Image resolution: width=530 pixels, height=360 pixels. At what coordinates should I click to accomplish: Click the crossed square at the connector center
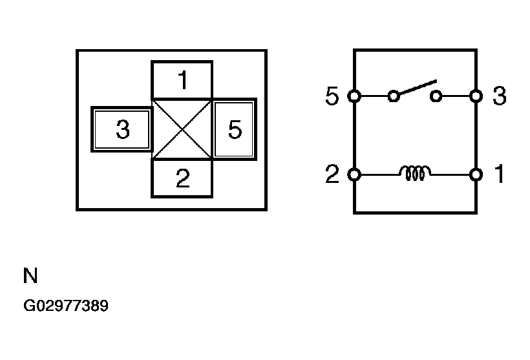click(182, 129)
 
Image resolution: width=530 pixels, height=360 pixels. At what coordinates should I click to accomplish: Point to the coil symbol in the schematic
click(415, 173)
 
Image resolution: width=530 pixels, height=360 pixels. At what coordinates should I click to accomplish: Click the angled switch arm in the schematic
click(418, 87)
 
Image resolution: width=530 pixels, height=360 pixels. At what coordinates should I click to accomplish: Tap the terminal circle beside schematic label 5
click(354, 96)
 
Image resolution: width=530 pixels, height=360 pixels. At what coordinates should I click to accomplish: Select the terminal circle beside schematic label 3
click(476, 96)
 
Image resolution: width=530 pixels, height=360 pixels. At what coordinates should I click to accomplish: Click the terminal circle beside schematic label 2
click(354, 175)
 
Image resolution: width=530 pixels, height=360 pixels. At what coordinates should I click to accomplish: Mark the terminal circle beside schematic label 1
click(476, 175)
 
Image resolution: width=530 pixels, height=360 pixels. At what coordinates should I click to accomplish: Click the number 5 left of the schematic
click(332, 96)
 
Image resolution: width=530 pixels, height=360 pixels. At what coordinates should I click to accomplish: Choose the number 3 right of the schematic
click(500, 96)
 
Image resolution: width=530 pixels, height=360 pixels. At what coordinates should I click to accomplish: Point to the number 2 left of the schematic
click(332, 174)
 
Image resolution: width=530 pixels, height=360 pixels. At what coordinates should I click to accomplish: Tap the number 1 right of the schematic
click(500, 174)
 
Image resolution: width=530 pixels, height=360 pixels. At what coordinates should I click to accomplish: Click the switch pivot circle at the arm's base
click(394, 96)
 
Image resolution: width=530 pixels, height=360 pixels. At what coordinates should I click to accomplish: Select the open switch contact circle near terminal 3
click(436, 96)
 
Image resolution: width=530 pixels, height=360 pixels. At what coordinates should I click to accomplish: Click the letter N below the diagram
click(30, 275)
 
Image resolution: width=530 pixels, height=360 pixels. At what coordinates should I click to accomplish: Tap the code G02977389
click(66, 306)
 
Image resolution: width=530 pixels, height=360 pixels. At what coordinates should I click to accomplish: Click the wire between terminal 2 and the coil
click(380, 175)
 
